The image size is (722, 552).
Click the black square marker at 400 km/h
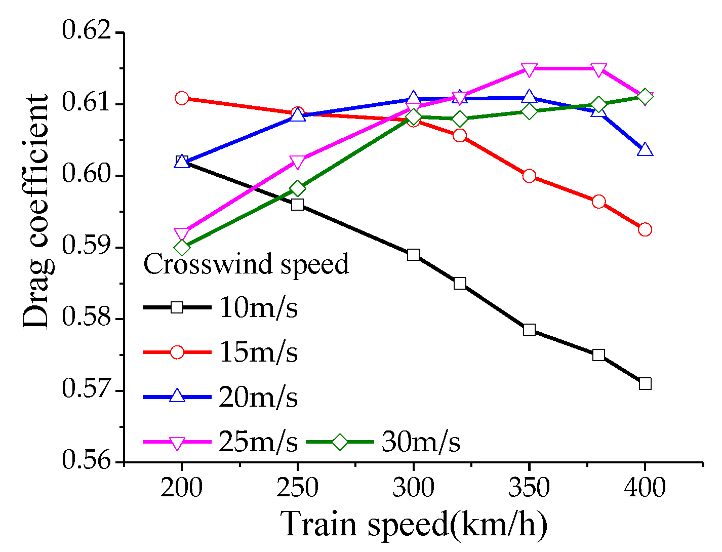[x=645, y=383]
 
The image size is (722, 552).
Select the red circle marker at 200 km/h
[x=182, y=98]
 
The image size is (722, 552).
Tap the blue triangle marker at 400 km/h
[x=645, y=149]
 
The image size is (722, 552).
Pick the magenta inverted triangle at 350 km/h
[x=529, y=69]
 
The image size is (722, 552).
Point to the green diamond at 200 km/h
[x=182, y=248]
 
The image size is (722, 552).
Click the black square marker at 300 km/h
[x=413, y=255]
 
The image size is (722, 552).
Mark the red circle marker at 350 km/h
[x=529, y=176]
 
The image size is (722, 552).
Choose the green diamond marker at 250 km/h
[x=298, y=189]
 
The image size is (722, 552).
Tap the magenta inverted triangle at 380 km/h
[x=598, y=69]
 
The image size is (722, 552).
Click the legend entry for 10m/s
[x=258, y=308]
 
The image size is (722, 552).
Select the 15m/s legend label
[x=258, y=352]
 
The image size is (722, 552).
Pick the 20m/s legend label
[x=258, y=397]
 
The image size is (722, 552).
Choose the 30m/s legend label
[x=421, y=442]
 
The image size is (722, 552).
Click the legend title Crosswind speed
[x=246, y=264]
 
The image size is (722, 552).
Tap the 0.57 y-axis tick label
[x=86, y=390]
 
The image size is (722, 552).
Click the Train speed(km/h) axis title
[x=414, y=525]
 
